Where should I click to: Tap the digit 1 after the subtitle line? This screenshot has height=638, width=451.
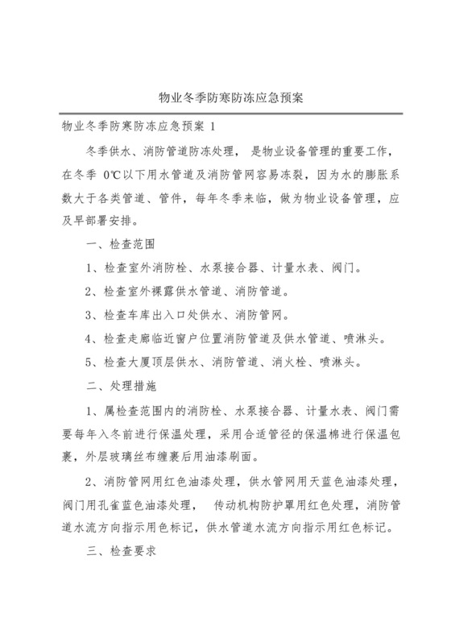213,126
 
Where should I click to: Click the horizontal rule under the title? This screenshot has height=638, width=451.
225,113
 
